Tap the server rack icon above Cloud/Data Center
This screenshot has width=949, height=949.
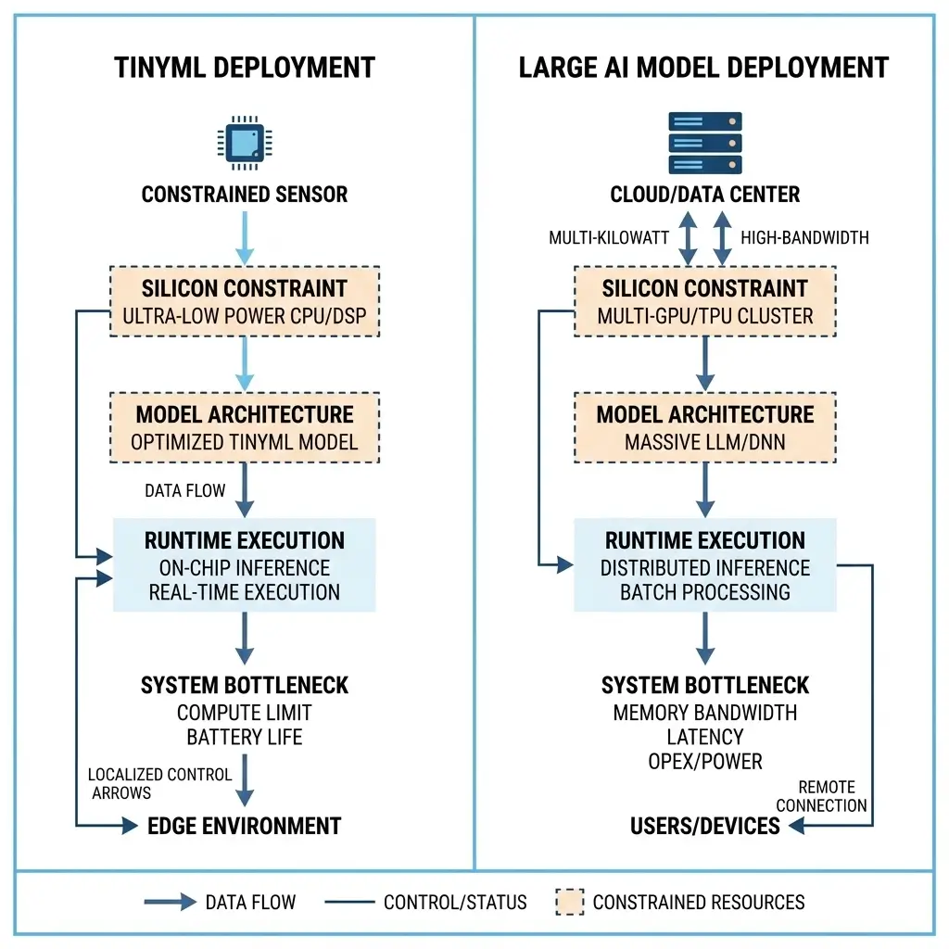(704, 143)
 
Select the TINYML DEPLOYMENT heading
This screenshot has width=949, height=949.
(245, 68)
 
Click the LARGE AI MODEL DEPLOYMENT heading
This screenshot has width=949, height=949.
(703, 68)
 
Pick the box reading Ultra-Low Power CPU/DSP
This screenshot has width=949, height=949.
(245, 302)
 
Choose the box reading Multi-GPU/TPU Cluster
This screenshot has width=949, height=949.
(704, 302)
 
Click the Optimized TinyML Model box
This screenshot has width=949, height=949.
(245, 427)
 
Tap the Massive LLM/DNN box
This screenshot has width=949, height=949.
(704, 427)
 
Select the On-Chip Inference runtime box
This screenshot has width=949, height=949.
(245, 565)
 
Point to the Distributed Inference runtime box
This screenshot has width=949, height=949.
(704, 565)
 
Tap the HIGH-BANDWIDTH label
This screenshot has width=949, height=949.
(804, 238)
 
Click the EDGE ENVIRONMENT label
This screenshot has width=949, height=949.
(245, 825)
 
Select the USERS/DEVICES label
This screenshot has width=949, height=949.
(705, 825)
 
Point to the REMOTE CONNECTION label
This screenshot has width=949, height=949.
(821, 796)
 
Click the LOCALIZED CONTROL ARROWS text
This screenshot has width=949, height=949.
(159, 783)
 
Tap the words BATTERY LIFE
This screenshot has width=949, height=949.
(245, 738)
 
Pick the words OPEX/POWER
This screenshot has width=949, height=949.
(704, 762)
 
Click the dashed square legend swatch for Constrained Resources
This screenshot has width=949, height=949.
(569, 901)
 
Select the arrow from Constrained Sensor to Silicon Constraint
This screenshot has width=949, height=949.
(245, 237)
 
